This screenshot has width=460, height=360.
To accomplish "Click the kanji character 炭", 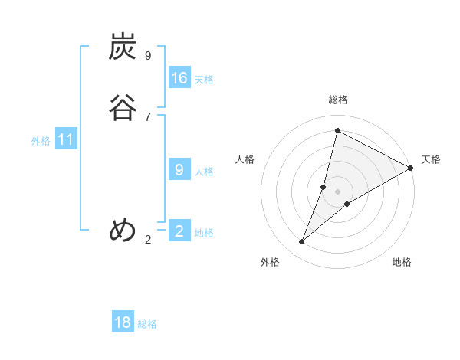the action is tap(123, 47).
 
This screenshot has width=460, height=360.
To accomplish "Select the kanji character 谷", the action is tap(123, 107).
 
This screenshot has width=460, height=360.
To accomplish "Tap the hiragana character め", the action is tap(123, 229).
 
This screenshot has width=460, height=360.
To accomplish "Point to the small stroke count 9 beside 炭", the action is tap(148, 55).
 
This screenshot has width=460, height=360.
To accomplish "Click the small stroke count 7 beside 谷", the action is tap(148, 116).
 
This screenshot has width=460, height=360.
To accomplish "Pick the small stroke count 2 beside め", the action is tap(148, 239).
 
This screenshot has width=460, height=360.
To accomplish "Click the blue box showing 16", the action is tap(179, 78).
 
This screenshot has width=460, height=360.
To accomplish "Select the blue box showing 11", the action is tap(66, 140).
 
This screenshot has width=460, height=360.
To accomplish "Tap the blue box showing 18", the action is tap(123, 322).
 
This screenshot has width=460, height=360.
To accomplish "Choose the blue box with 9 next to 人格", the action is tap(179, 170).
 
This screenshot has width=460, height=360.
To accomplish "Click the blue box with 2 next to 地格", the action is tap(179, 231).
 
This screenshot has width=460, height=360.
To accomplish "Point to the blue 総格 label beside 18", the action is tap(147, 324).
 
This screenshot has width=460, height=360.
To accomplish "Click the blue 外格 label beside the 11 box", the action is tap(41, 141).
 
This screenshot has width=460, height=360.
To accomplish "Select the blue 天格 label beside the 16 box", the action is tap(204, 80).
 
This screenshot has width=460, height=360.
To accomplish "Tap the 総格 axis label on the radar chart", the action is tap(338, 100).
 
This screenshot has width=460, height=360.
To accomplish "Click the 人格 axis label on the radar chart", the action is tap(245, 159).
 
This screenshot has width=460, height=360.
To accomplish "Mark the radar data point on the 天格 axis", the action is tap(411, 168).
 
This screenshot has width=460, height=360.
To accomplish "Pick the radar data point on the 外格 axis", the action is tap(301, 242).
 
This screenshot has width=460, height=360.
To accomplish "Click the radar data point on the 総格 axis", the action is tap(337, 130).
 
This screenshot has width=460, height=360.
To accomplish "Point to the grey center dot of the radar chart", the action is tap(337, 191).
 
